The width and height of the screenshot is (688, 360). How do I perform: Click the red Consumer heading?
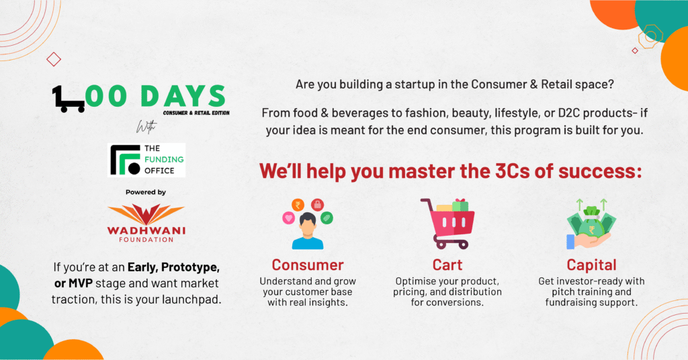pos(308,265)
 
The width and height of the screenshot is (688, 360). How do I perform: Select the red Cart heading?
pos(447,265)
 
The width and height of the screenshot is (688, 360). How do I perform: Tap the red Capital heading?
pos(591,265)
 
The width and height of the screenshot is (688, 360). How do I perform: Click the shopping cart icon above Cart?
pos(447,224)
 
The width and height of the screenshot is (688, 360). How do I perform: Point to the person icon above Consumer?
pos(308,231)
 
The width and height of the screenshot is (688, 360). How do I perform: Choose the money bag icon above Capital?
pos(591,224)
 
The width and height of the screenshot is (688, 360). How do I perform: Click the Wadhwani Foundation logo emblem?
pos(146,214)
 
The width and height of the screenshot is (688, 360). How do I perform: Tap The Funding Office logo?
pos(146,160)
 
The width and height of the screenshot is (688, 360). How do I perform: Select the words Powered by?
pos(146,192)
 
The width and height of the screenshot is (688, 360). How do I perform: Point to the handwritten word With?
pos(146,127)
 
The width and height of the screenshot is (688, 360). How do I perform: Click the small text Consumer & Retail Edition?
pos(196,113)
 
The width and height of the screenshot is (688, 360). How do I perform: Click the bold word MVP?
pos(81,283)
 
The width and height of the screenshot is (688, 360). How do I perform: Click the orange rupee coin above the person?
pos(298,205)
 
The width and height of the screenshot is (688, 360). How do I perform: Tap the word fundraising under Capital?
pos(570,302)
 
